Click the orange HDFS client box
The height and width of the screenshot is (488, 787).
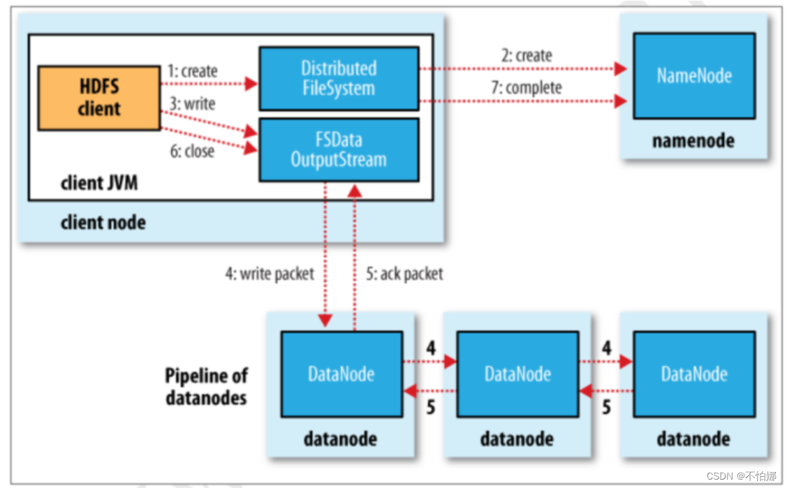(x=99, y=98)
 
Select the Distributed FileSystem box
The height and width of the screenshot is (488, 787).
(x=339, y=78)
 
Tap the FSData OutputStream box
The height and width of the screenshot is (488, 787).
(x=339, y=149)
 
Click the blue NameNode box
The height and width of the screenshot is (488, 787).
(x=694, y=75)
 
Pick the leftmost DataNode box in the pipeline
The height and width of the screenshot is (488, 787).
(x=341, y=374)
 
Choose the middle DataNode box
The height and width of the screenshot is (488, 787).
(x=517, y=374)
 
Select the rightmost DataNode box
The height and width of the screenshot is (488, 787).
(x=694, y=374)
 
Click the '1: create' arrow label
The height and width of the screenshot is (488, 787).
(x=193, y=71)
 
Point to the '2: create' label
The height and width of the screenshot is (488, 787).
(x=527, y=56)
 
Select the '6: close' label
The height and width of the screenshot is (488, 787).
(x=192, y=151)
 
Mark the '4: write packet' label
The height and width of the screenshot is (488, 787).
(x=270, y=274)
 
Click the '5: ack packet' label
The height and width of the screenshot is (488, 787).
(x=405, y=274)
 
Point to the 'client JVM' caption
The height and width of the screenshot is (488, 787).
(x=99, y=184)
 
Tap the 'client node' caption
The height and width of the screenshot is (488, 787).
(x=103, y=223)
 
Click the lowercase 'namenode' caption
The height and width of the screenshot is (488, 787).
(x=693, y=141)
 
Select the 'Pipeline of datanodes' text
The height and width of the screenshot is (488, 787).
(x=207, y=387)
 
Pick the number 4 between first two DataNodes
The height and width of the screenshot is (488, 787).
(x=431, y=348)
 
